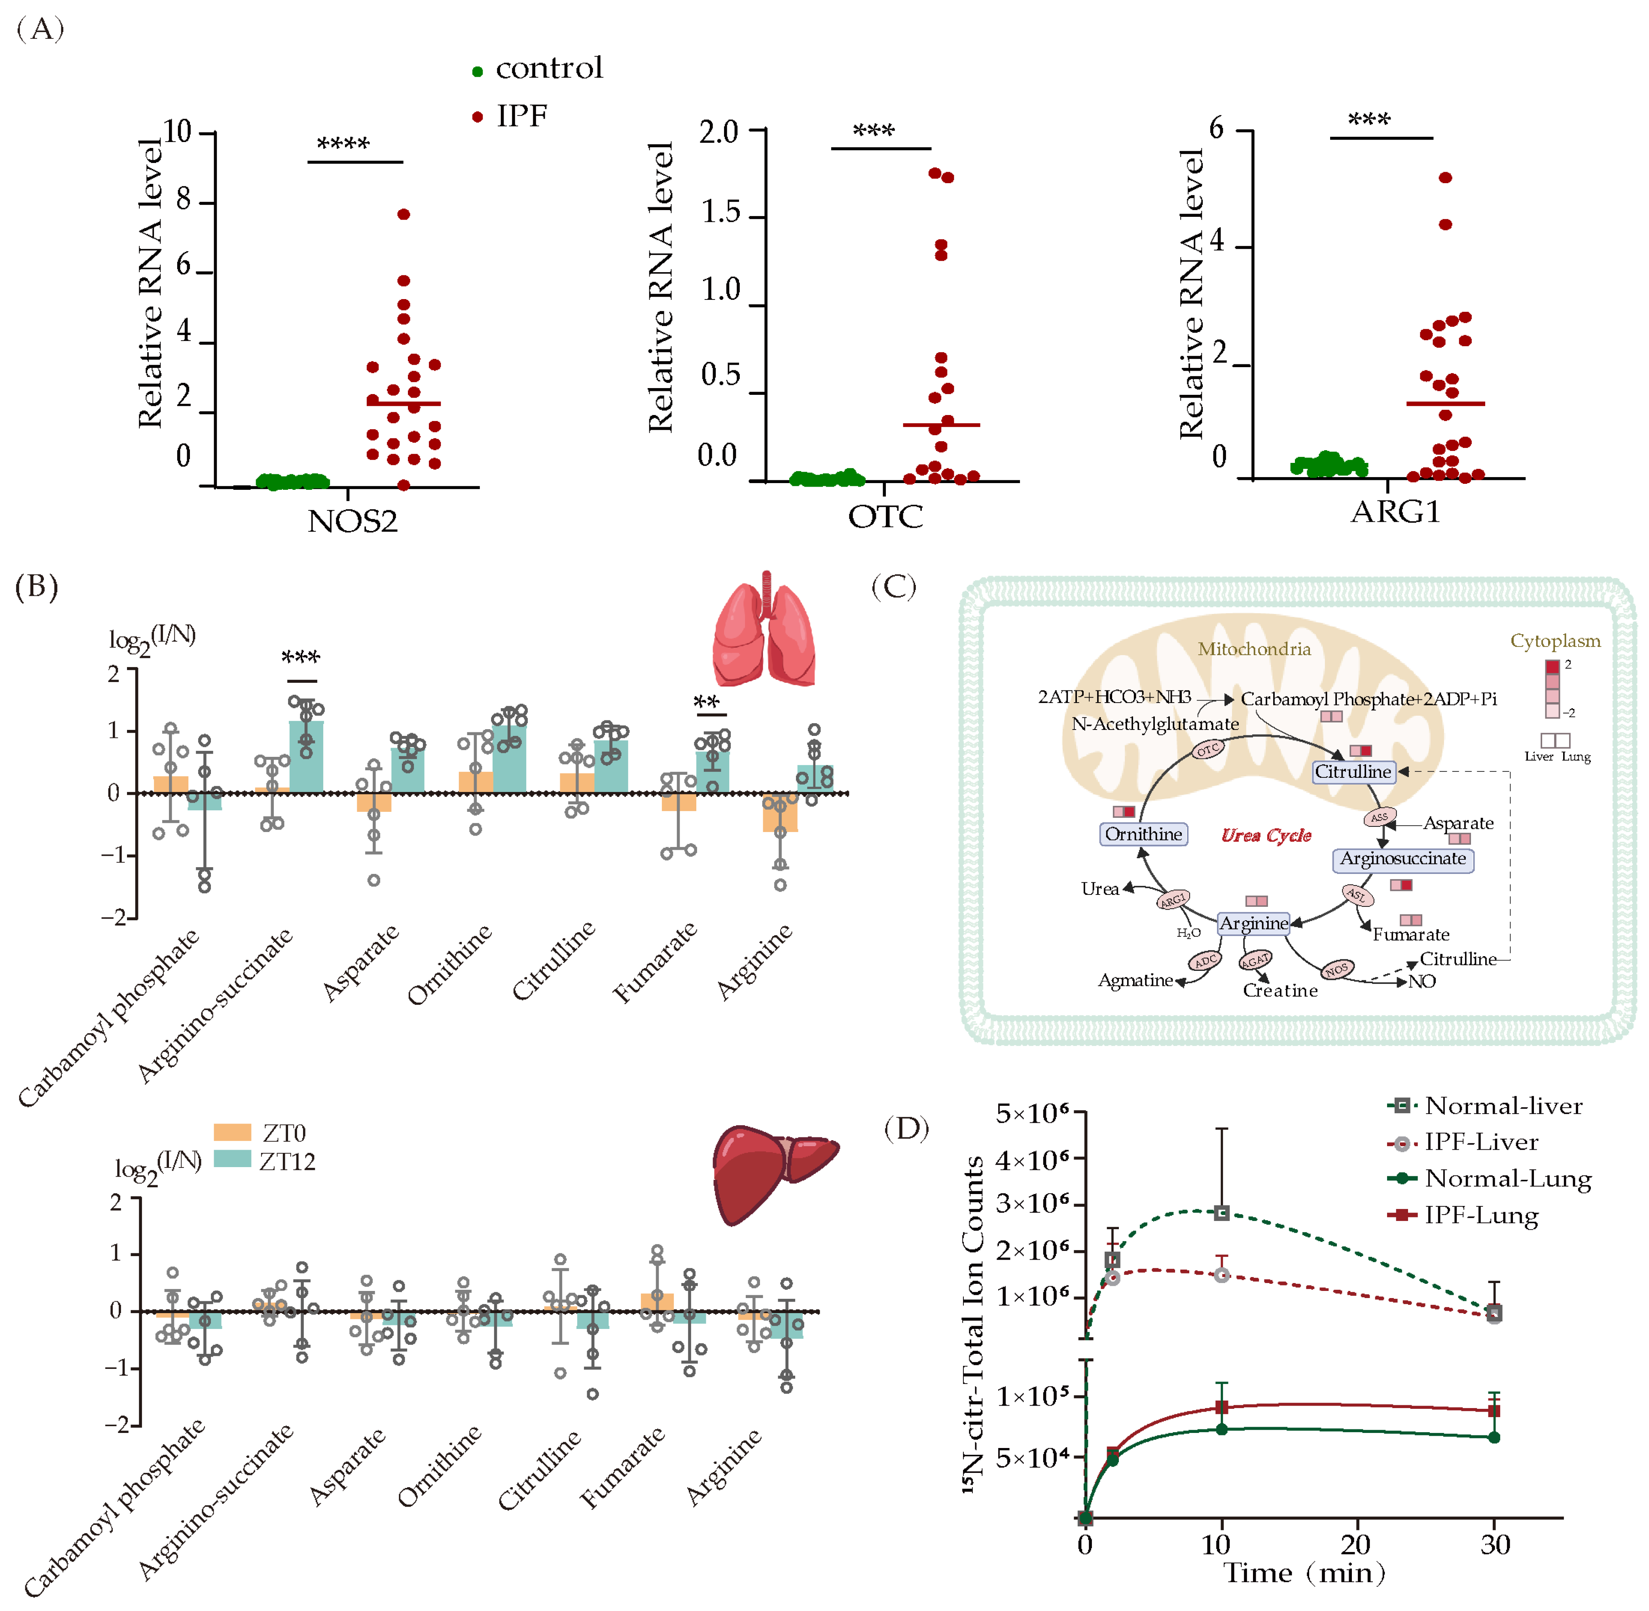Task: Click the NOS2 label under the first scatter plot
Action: pyautogui.click(x=352, y=521)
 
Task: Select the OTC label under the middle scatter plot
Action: pyautogui.click(x=885, y=516)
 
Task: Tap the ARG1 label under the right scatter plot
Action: pyautogui.click(x=1395, y=512)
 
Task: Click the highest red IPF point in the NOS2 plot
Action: pyautogui.click(x=404, y=214)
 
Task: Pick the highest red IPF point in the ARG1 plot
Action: pyautogui.click(x=1445, y=178)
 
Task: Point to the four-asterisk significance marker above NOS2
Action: pyautogui.click(x=343, y=144)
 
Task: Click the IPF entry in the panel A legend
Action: pyautogui.click(x=521, y=116)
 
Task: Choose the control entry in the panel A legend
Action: pyautogui.click(x=548, y=68)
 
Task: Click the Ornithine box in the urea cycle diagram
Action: pyautogui.click(x=1143, y=834)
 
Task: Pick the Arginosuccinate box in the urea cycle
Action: pyautogui.click(x=1402, y=859)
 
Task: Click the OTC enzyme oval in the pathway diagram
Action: pyautogui.click(x=1207, y=749)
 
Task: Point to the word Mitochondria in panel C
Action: pyautogui.click(x=1254, y=649)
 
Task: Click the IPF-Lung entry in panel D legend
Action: pyautogui.click(x=1480, y=1216)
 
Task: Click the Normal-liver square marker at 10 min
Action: pyautogui.click(x=1221, y=1213)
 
